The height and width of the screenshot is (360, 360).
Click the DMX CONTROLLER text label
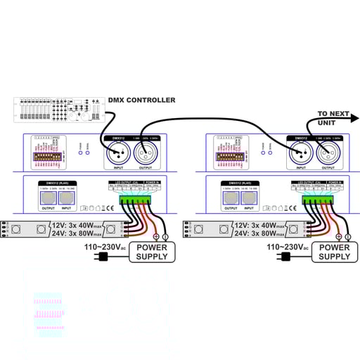point(142,101)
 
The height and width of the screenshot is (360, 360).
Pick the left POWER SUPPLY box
point(152,252)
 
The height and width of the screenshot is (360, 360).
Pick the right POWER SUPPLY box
point(334,252)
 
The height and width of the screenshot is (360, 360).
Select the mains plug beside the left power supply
point(103,257)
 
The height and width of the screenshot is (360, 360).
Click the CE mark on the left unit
point(107,208)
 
